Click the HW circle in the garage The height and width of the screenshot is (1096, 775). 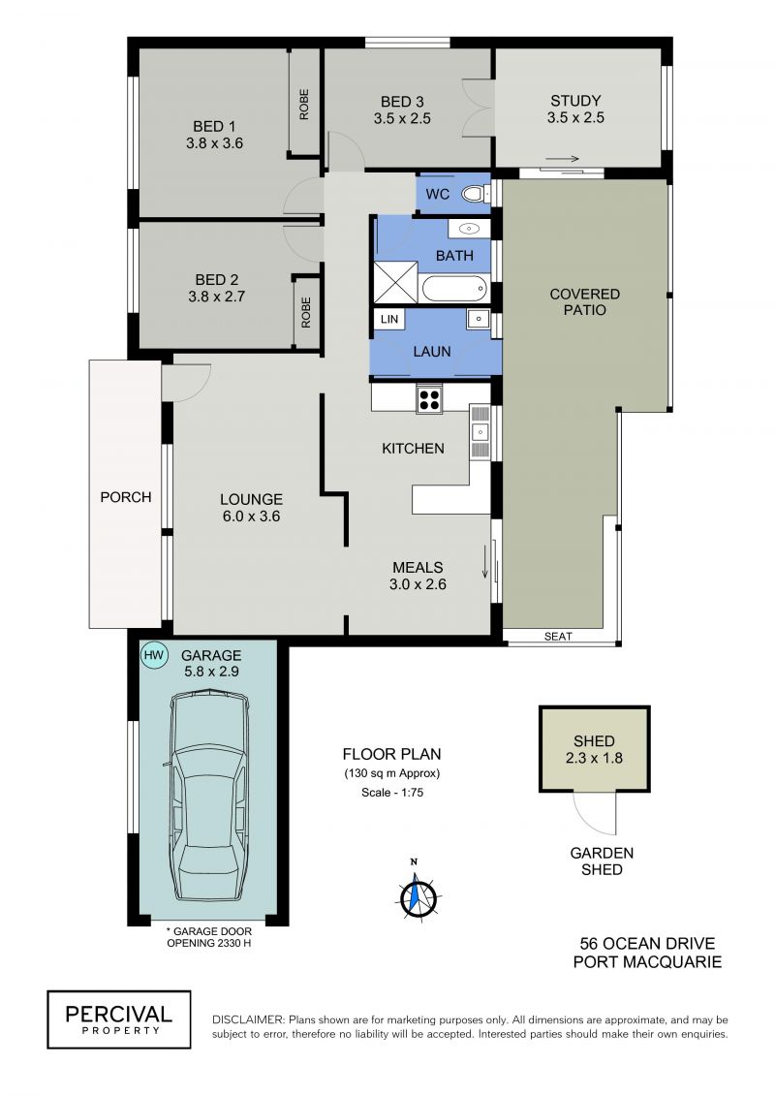click(x=154, y=656)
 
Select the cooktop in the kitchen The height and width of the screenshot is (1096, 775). click(x=429, y=399)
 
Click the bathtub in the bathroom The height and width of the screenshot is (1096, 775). click(x=455, y=288)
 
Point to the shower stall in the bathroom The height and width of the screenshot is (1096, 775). click(x=395, y=282)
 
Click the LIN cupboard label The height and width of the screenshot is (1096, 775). click(x=389, y=320)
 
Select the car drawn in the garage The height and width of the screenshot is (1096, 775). click(x=209, y=796)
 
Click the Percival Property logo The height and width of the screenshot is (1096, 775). click(x=119, y=1019)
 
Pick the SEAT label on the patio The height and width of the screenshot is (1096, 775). click(x=558, y=636)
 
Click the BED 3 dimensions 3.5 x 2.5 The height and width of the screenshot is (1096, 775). click(x=402, y=119)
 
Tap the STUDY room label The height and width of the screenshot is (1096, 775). click(x=575, y=101)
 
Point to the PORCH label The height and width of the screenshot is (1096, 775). click(x=126, y=497)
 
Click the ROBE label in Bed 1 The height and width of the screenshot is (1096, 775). click(x=304, y=104)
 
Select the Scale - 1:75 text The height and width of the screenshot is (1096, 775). click(x=392, y=793)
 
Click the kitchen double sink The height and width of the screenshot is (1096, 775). click(x=480, y=432)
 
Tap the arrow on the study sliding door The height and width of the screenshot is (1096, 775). click(x=563, y=159)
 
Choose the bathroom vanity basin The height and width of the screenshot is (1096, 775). click(x=468, y=229)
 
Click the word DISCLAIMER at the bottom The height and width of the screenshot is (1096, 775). click(x=248, y=1019)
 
